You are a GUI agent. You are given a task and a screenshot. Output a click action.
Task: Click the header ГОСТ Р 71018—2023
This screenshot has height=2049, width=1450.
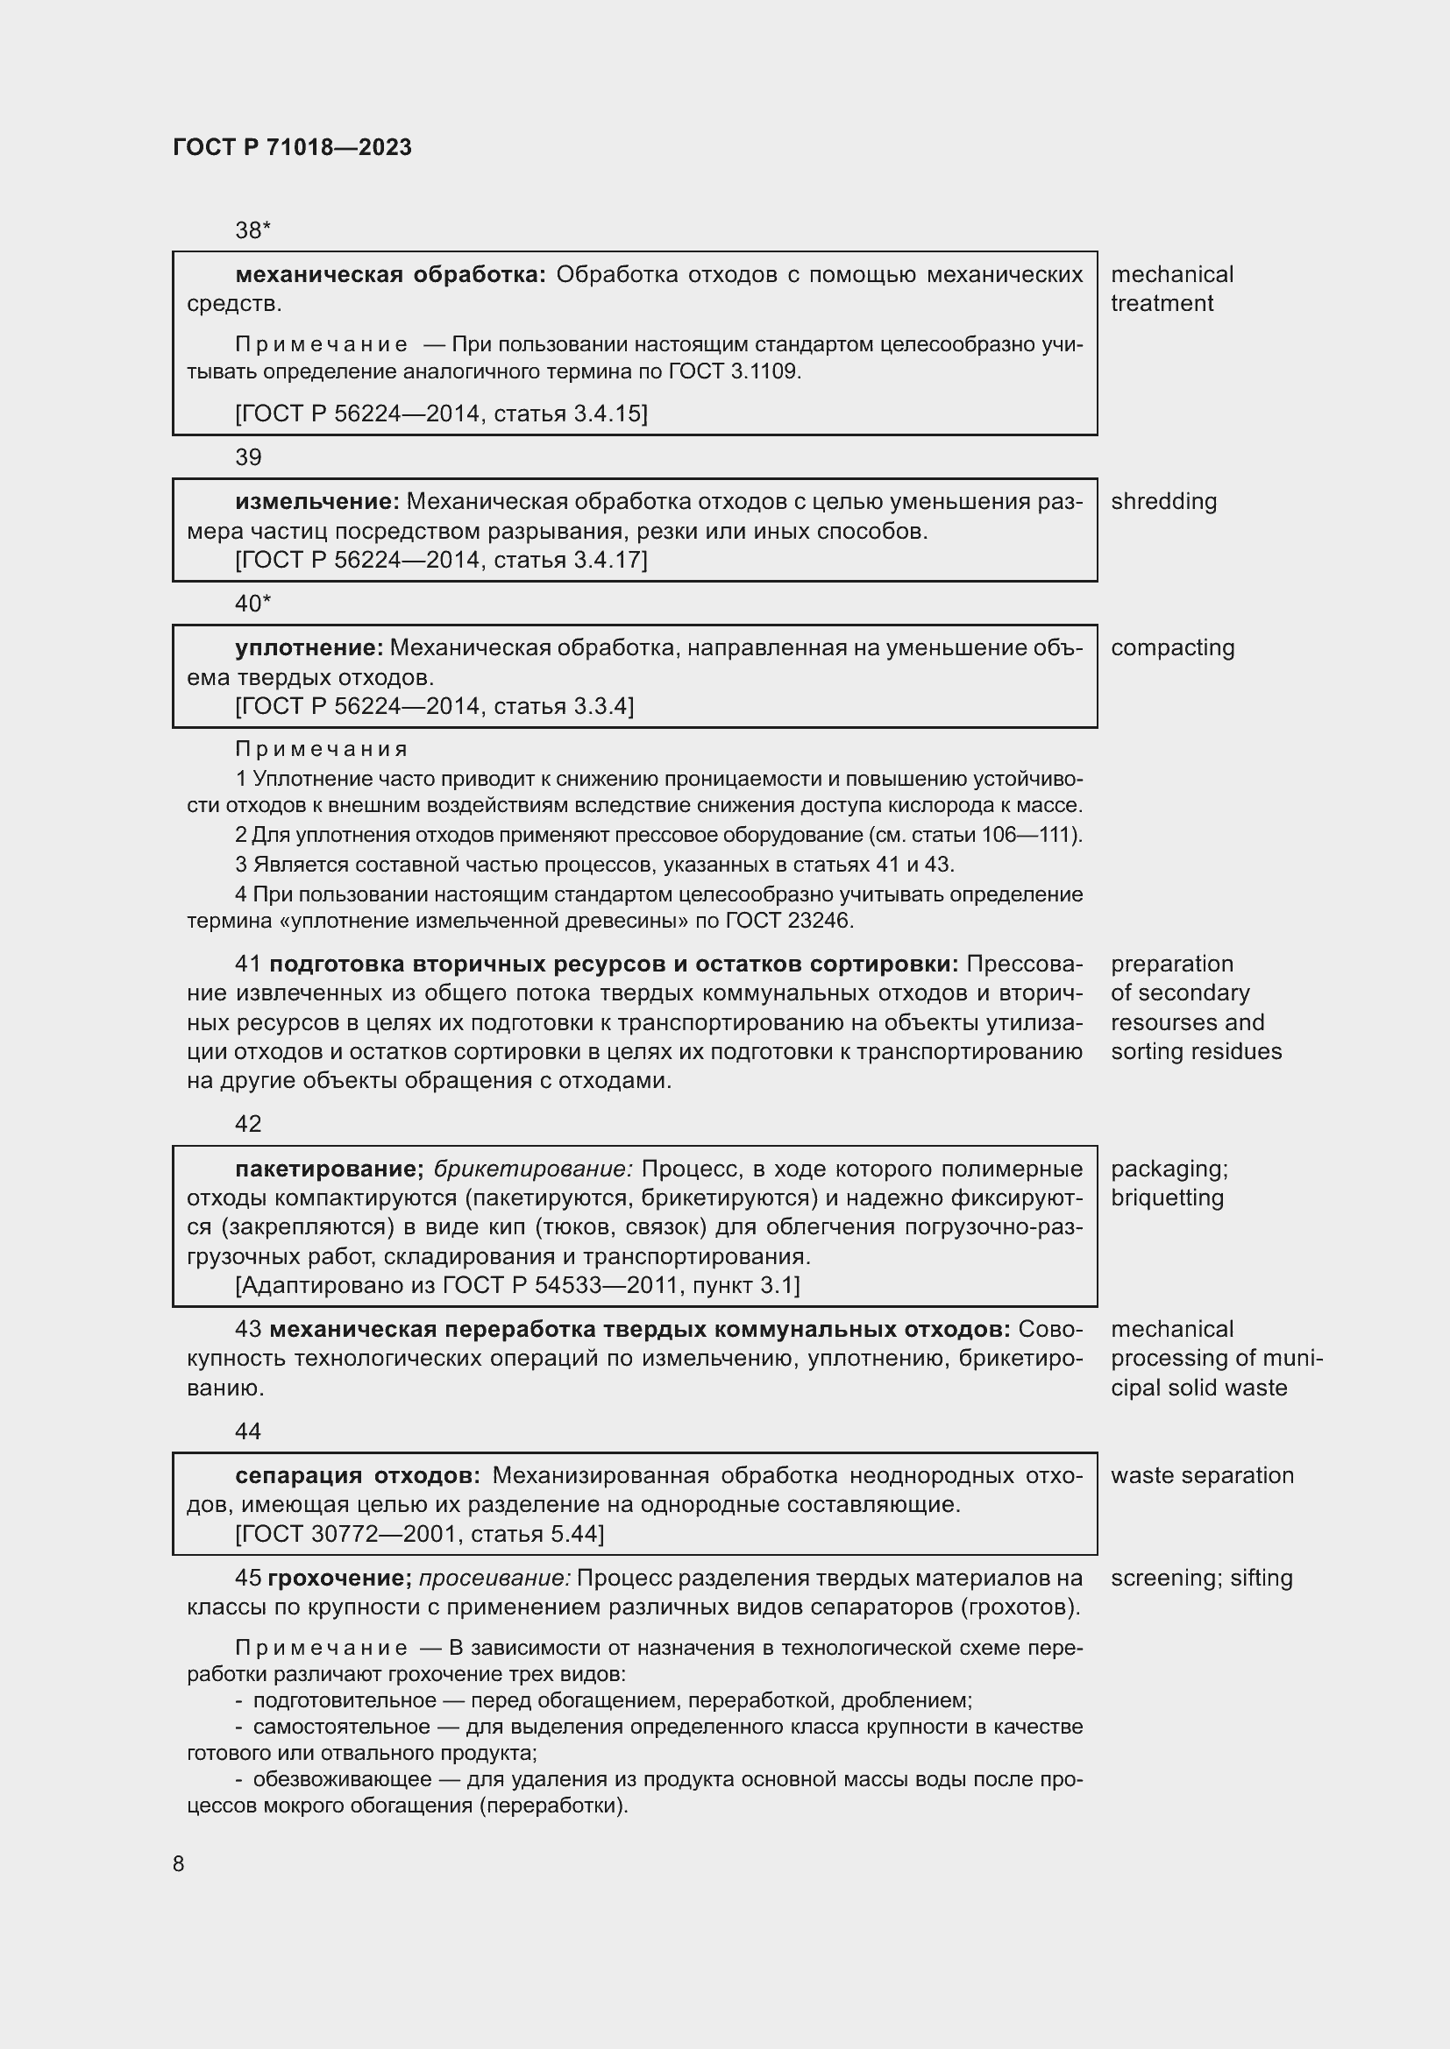tap(292, 147)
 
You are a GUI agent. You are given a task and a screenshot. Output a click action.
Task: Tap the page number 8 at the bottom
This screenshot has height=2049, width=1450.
tap(179, 1863)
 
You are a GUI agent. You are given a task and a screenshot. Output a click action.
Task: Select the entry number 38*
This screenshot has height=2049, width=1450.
tap(252, 230)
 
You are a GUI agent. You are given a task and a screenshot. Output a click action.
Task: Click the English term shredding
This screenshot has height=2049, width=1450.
tap(1163, 502)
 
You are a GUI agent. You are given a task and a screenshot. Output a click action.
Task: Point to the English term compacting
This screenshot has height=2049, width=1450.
tap(1172, 648)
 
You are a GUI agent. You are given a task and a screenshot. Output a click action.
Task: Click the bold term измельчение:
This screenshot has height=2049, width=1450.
tap(317, 502)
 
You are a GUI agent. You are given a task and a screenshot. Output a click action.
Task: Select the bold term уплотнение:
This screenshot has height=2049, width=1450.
tap(309, 648)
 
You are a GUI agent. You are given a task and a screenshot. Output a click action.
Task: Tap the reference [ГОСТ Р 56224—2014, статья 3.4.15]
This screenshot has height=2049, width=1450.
tap(441, 413)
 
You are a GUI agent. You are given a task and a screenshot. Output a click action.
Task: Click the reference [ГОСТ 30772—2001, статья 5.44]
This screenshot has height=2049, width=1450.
tap(420, 1534)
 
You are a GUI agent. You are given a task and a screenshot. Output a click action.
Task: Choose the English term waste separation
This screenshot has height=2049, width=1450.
tap(1202, 1475)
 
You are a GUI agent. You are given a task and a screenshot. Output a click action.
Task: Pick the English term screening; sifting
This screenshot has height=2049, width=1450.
tap(1202, 1578)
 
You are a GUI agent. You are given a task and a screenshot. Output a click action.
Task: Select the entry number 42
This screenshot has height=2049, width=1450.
tap(248, 1124)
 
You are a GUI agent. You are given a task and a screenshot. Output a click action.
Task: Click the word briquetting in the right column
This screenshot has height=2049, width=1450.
tap(1167, 1198)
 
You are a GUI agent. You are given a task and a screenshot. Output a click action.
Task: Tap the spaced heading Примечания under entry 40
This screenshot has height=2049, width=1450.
tap(322, 750)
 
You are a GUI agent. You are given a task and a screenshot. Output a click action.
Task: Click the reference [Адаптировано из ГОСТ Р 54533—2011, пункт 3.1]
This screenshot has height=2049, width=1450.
tap(517, 1285)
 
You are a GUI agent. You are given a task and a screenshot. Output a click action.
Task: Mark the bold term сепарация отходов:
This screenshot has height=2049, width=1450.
tap(357, 1475)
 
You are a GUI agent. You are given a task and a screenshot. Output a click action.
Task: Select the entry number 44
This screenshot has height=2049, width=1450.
tap(248, 1431)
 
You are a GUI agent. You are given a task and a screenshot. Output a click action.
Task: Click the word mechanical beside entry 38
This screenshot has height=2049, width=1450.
tap(1171, 275)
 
